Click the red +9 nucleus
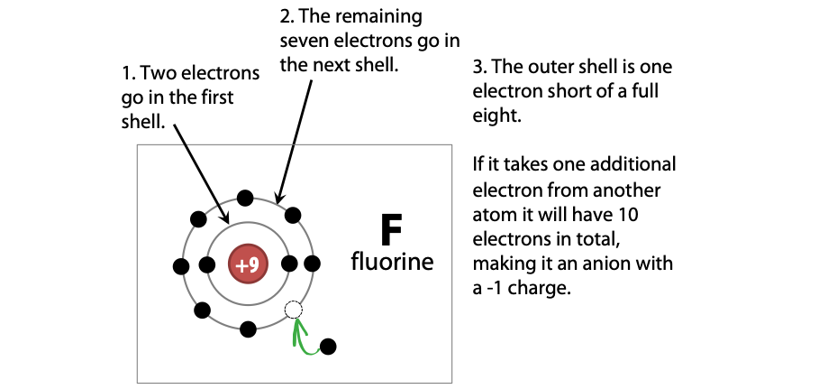click(x=247, y=264)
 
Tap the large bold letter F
click(x=390, y=231)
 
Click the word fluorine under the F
click(x=392, y=264)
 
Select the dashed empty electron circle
click(x=293, y=310)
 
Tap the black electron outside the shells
click(x=328, y=346)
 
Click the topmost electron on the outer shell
click(x=244, y=199)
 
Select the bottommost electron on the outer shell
click(x=248, y=329)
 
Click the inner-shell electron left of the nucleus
click(x=207, y=265)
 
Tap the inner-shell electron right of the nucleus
click(x=289, y=264)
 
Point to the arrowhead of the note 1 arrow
click(x=227, y=218)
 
